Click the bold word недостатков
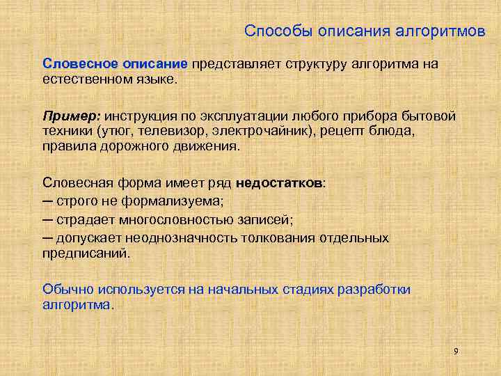click(279, 183)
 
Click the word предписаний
click(85, 253)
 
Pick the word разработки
click(373, 288)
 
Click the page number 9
click(456, 351)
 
